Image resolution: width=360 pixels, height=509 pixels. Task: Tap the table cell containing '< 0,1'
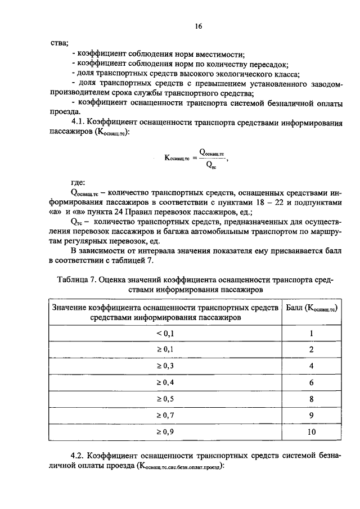(x=165, y=333)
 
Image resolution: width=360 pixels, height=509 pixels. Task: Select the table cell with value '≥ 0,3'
(x=165, y=366)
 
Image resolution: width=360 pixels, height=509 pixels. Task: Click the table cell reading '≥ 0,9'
(x=165, y=432)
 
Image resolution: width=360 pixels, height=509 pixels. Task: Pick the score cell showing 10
(x=311, y=432)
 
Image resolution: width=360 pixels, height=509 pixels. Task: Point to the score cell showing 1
(x=311, y=333)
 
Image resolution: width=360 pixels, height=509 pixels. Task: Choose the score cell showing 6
(x=311, y=382)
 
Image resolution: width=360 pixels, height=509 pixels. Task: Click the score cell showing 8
(x=311, y=399)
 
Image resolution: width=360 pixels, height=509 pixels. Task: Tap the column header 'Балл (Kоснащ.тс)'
(x=311, y=308)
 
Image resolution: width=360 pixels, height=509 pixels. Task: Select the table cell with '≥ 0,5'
(x=165, y=399)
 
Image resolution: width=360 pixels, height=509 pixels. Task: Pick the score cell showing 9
(x=311, y=415)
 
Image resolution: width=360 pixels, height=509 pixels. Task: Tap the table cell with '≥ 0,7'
(x=165, y=415)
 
